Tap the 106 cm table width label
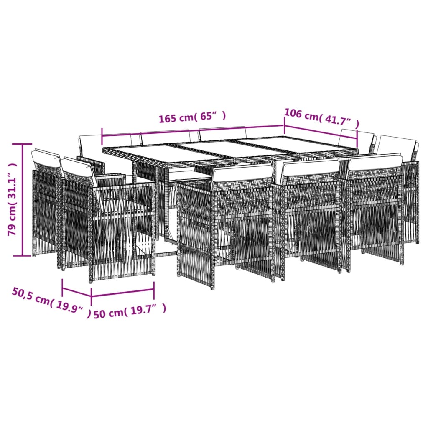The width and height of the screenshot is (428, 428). click(x=321, y=117)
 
